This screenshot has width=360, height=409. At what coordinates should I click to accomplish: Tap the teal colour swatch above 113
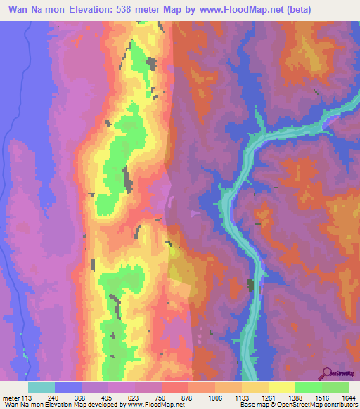pos(41,387)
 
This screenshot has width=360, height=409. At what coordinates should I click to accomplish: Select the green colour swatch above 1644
pos(335,387)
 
